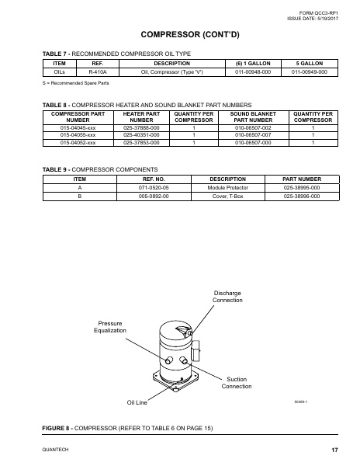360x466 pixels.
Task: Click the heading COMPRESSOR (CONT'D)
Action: (x=180, y=35)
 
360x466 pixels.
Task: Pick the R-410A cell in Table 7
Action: (x=97, y=71)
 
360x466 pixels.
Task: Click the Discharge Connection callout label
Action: (x=227, y=296)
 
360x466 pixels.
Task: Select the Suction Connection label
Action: (x=237, y=383)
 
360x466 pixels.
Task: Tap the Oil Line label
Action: (x=137, y=402)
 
